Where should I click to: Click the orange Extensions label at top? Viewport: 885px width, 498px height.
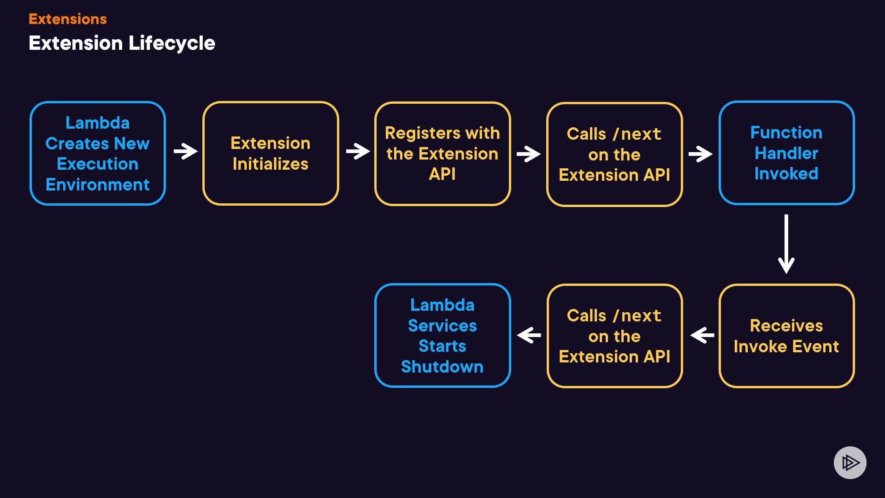[x=68, y=19]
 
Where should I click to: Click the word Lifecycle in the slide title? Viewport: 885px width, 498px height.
[x=171, y=43]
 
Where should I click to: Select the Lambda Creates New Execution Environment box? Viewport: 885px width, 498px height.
[x=98, y=153]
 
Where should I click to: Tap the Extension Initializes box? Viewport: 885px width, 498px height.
[x=271, y=153]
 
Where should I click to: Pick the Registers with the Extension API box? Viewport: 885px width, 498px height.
[x=442, y=154]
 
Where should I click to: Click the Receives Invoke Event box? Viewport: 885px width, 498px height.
[x=786, y=336]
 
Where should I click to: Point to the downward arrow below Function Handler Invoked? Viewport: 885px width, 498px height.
[x=786, y=244]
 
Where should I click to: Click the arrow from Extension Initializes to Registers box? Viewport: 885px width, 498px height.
[x=358, y=151]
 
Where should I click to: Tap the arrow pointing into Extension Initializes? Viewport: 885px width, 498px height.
[x=185, y=151]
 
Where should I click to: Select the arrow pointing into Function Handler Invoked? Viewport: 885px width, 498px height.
[x=700, y=154]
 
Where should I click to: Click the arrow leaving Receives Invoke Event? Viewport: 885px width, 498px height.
[x=702, y=335]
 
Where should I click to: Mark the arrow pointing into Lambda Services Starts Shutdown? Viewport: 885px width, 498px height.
[x=529, y=335]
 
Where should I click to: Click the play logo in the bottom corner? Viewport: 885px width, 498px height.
[x=850, y=462]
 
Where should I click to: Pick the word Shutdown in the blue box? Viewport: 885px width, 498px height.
[x=442, y=367]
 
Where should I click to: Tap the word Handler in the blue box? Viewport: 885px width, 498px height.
[x=786, y=153]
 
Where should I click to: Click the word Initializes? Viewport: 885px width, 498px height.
[x=271, y=164]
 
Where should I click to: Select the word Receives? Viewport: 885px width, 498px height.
[x=786, y=326]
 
